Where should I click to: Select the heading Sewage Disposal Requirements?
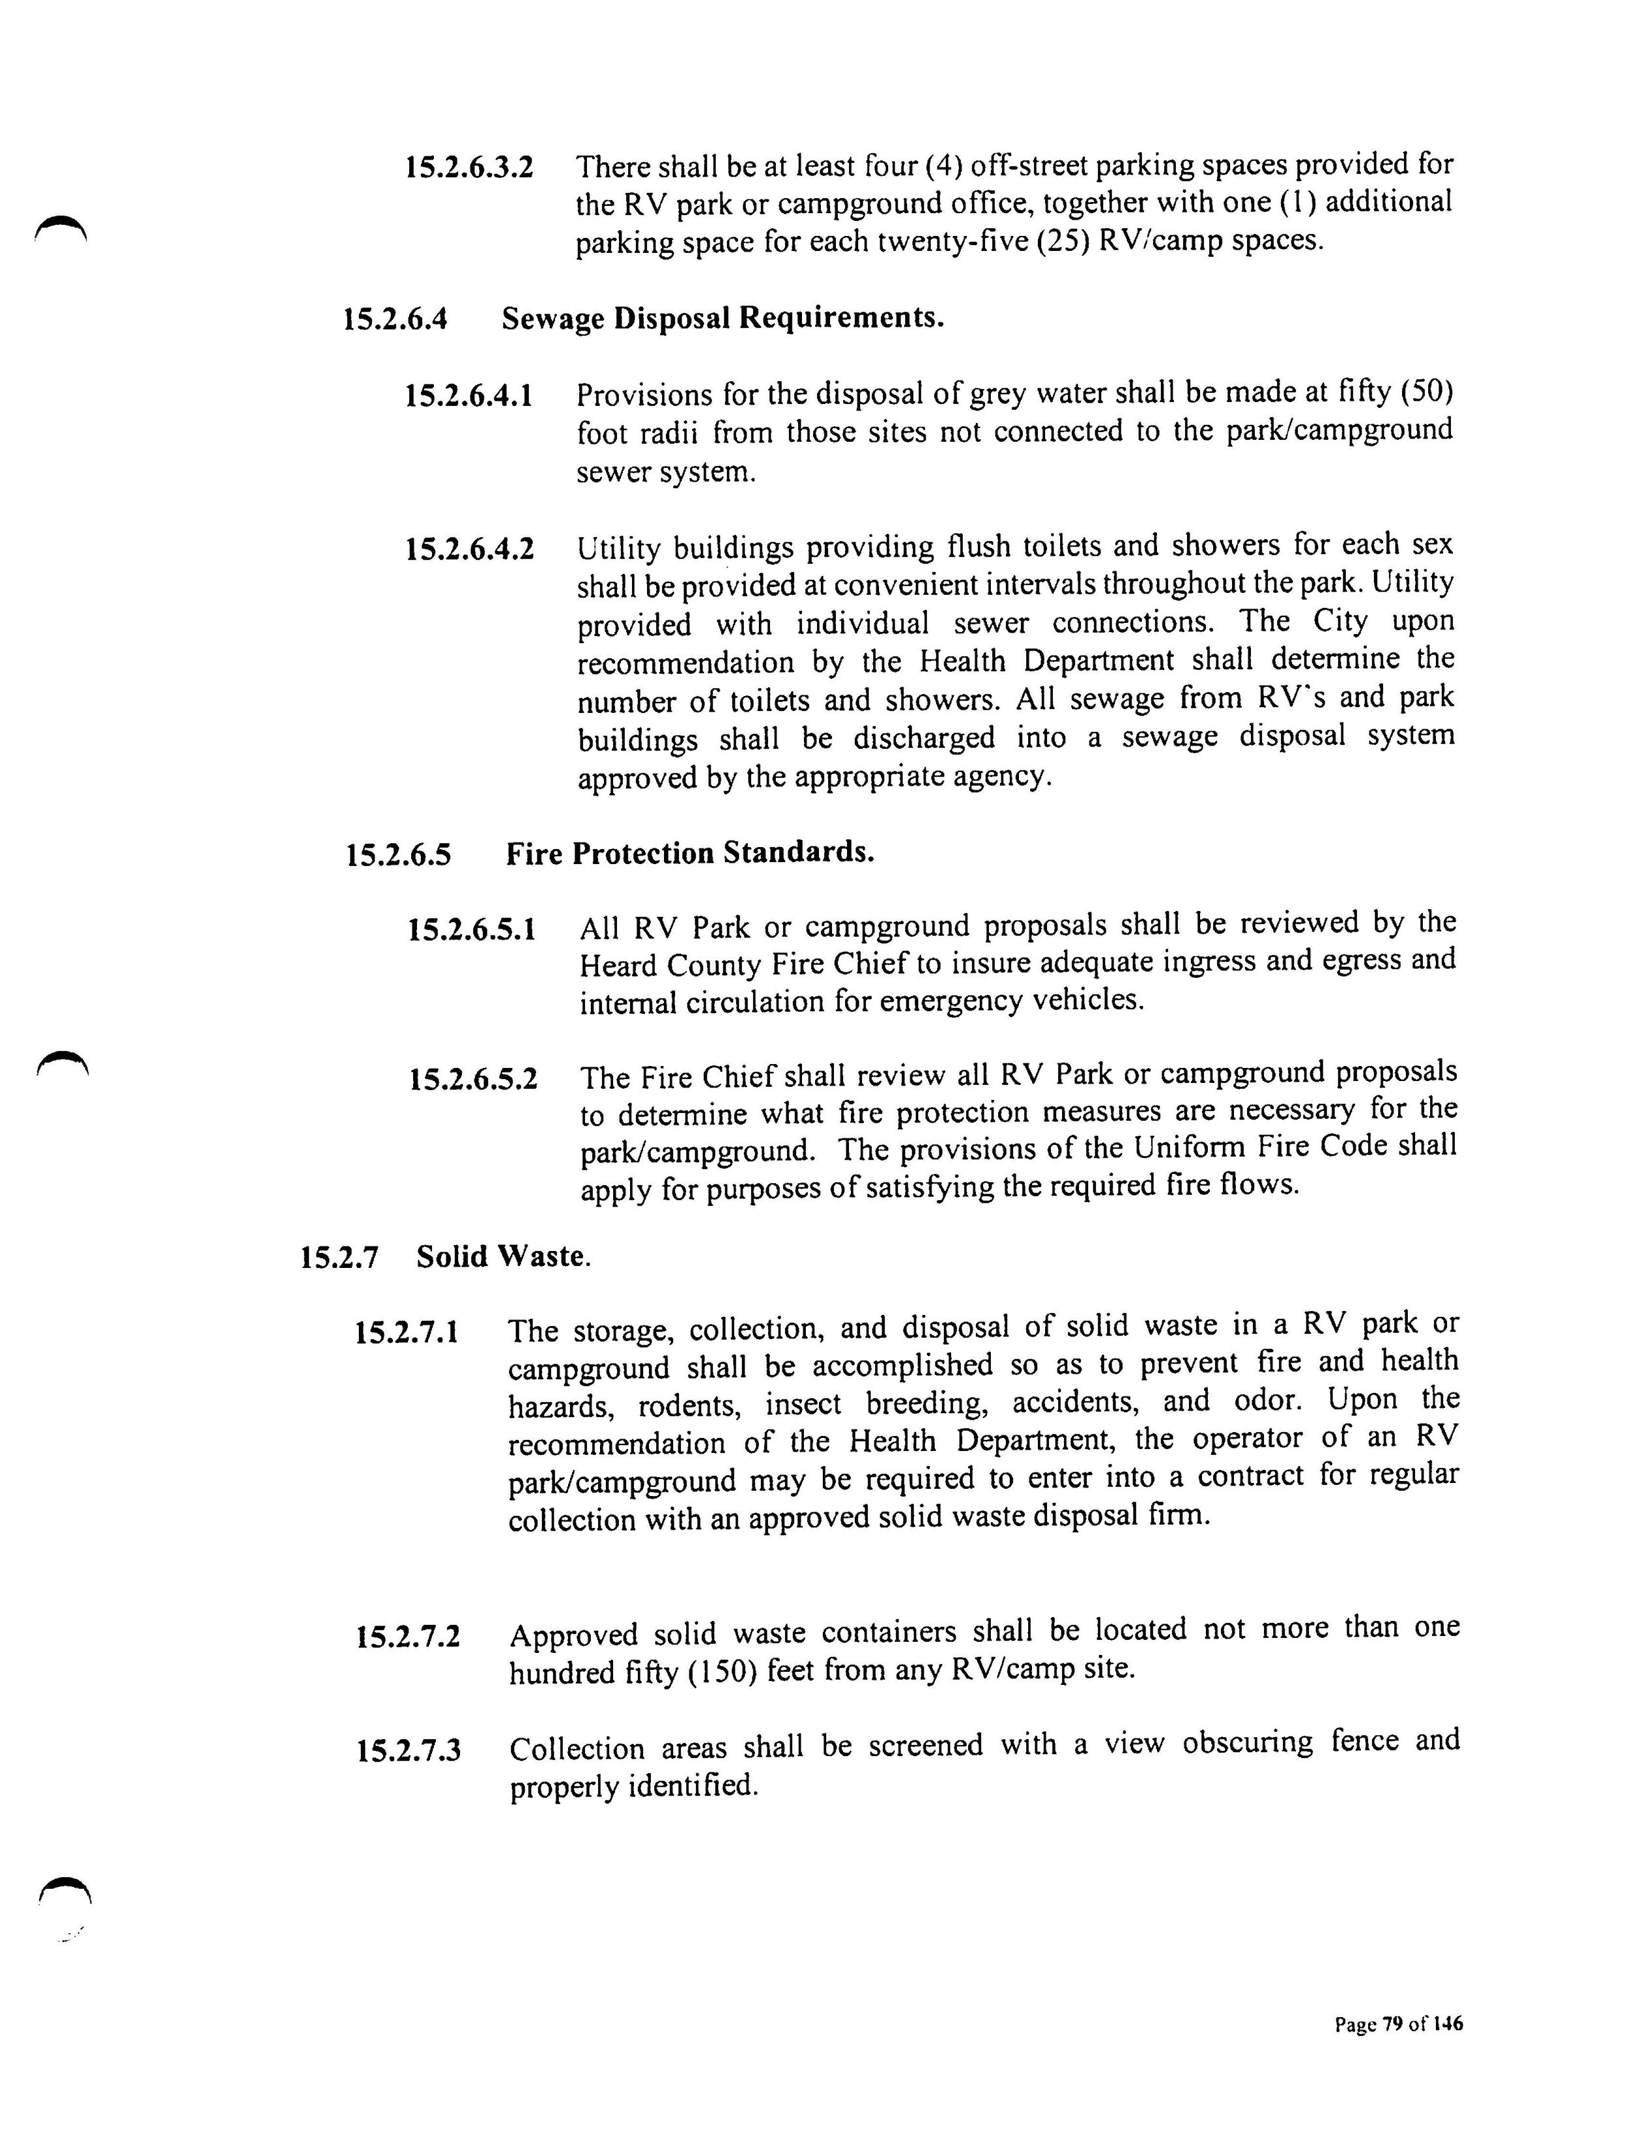pos(723,318)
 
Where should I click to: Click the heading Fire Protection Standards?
pos(690,853)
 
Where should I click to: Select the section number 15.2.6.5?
pos(399,855)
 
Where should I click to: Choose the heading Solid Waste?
pos(503,1257)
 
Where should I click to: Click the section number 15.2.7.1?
pos(407,1331)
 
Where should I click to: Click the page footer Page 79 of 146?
pos(1397,2024)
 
